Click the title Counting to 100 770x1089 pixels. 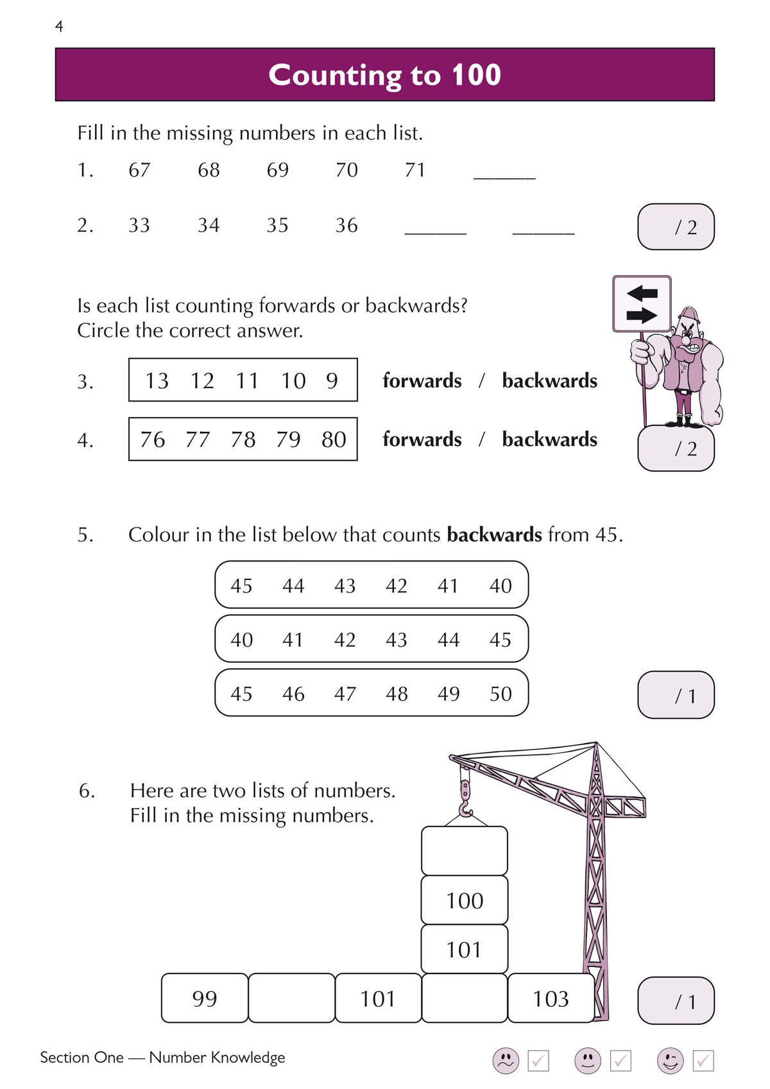[x=384, y=75]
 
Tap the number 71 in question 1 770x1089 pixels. [x=415, y=170]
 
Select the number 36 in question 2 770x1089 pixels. [x=346, y=225]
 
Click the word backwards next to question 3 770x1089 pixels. [x=549, y=381]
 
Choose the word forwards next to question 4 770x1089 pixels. [x=422, y=440]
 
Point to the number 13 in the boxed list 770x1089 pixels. [x=157, y=381]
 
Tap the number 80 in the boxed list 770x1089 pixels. [x=334, y=440]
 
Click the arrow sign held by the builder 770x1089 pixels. [x=642, y=304]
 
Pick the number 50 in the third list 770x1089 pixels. [x=501, y=694]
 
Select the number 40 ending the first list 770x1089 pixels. [x=501, y=586]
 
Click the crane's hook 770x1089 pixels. [x=465, y=802]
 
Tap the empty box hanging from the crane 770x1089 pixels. [x=465, y=851]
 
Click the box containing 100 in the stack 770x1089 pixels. [x=465, y=900]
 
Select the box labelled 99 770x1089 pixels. [x=205, y=999]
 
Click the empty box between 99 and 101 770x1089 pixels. [x=291, y=999]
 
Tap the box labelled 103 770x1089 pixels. [x=551, y=999]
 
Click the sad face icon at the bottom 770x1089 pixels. [x=506, y=1060]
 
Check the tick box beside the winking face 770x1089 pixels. [x=703, y=1061]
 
